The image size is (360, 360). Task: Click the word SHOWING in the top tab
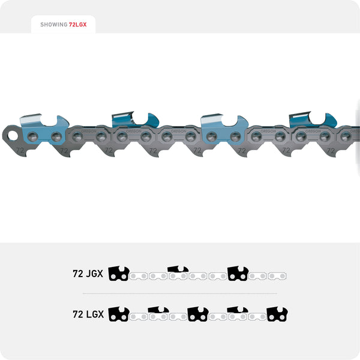point(53,25)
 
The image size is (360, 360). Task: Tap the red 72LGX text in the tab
point(78,25)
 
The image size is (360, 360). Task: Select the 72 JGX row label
point(88,274)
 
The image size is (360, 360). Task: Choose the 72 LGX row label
point(88,314)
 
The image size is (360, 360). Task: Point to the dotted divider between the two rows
point(180,293)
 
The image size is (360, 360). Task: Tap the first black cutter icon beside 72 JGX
point(118,274)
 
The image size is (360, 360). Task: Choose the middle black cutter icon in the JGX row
point(178,272)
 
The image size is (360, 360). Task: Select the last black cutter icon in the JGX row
point(238,274)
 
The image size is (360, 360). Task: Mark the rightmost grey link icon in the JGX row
point(277,276)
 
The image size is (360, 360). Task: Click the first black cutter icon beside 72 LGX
point(118,314)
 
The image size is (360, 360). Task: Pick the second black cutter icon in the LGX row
point(158,312)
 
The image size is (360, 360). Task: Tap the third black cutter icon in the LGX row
point(197,314)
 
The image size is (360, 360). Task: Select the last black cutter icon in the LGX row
point(277,314)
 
